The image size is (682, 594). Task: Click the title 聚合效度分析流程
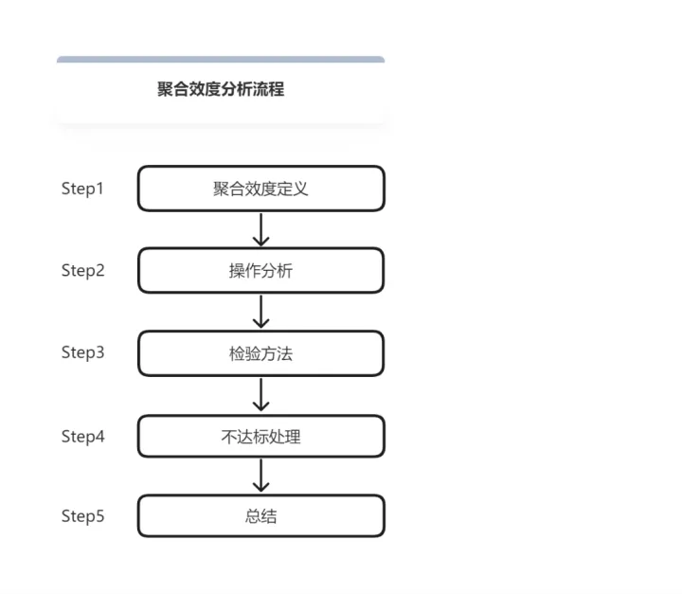(221, 90)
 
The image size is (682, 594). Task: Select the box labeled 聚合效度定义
(260, 189)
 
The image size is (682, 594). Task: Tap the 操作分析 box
(260, 271)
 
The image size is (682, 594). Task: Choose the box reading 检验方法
(260, 353)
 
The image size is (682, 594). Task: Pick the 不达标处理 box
(260, 437)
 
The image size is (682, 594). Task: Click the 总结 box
(260, 516)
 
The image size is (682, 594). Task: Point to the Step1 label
(82, 189)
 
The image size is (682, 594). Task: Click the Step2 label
(82, 271)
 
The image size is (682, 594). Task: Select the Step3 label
(82, 352)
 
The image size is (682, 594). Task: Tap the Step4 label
(82, 437)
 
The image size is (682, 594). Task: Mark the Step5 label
(82, 516)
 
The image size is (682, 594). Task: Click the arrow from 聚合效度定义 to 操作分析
(261, 229)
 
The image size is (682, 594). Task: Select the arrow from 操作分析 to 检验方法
(261, 312)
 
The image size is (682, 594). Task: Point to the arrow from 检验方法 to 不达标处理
(261, 394)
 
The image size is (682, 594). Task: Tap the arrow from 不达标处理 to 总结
(261, 476)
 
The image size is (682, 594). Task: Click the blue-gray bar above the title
(221, 60)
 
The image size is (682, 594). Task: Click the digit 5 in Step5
(100, 516)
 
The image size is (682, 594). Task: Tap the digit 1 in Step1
(100, 189)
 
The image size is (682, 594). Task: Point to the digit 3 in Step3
(100, 352)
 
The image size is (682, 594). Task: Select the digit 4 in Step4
(100, 437)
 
